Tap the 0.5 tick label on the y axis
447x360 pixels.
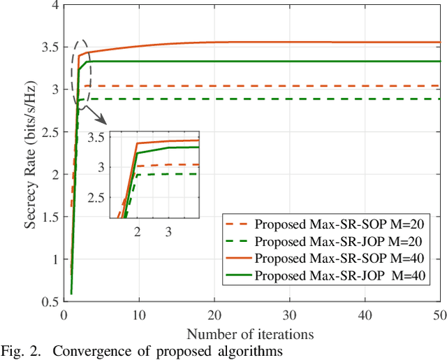[49, 302]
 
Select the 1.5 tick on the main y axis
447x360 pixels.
[49, 218]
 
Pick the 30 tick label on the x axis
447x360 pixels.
[290, 315]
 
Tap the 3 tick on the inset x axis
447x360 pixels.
[168, 231]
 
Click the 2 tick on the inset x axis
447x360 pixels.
[137, 231]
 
